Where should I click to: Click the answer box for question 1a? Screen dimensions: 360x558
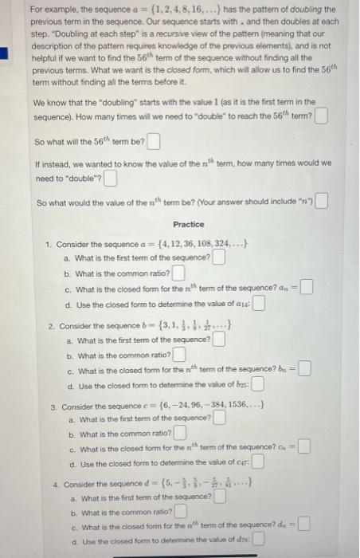(x=218, y=257)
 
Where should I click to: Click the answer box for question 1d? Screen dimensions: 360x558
(x=258, y=304)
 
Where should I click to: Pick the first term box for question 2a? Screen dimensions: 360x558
(x=218, y=341)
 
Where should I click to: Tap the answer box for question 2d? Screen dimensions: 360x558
(x=256, y=387)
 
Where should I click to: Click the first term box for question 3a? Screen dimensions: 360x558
(x=218, y=418)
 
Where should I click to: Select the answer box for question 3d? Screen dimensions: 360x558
(x=256, y=464)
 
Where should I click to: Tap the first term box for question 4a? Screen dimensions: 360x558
(x=218, y=497)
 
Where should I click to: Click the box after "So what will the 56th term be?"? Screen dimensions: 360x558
(x=154, y=143)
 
